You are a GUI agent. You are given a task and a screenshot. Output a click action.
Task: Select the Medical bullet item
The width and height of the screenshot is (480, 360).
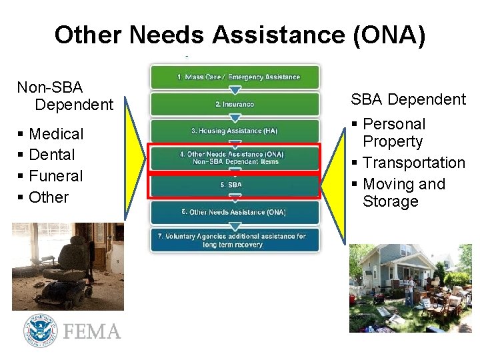coord(57,134)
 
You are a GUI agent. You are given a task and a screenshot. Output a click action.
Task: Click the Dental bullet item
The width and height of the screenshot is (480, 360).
coord(52,155)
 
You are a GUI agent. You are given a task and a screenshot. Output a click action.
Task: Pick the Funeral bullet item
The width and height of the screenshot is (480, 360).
coord(56,176)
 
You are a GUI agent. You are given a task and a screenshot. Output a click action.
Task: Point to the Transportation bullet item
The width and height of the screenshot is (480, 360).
coord(414,163)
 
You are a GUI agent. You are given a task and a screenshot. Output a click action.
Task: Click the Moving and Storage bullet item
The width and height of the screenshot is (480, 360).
coord(403,193)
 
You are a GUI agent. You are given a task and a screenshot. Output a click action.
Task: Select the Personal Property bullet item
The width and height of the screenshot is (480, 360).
coord(393,133)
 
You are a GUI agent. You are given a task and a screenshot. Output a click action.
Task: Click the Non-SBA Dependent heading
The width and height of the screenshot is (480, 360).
coord(65,96)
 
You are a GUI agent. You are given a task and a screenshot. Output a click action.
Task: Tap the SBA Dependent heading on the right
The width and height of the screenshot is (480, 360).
coord(408,99)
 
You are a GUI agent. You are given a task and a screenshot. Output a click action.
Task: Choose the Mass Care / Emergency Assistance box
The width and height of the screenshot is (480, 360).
coord(235,77)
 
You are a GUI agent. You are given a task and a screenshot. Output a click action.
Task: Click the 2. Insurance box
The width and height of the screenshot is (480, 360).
coord(235,104)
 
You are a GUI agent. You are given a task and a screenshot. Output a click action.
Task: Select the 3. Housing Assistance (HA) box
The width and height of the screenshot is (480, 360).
coord(235,131)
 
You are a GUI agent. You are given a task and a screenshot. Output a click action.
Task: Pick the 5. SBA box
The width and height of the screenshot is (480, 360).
coord(235,185)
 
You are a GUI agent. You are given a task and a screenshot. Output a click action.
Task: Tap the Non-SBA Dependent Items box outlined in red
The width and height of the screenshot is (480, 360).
coord(235,158)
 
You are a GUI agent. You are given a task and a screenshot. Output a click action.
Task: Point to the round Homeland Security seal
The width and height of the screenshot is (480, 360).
coord(39,331)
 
